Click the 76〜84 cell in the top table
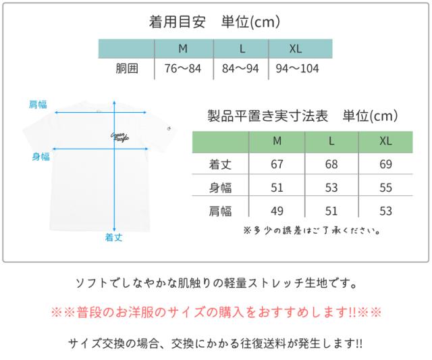[x=184, y=69]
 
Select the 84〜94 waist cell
[x=241, y=69]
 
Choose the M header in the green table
[x=277, y=141]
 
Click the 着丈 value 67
[x=277, y=165]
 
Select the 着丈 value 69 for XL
[x=385, y=165]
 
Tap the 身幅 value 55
[x=385, y=188]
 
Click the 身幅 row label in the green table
[x=221, y=188]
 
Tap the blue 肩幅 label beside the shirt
[x=38, y=104]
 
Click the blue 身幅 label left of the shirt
[x=40, y=157]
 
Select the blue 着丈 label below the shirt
[x=113, y=237]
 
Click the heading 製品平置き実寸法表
[x=268, y=116]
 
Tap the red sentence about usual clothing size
[x=216, y=313]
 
